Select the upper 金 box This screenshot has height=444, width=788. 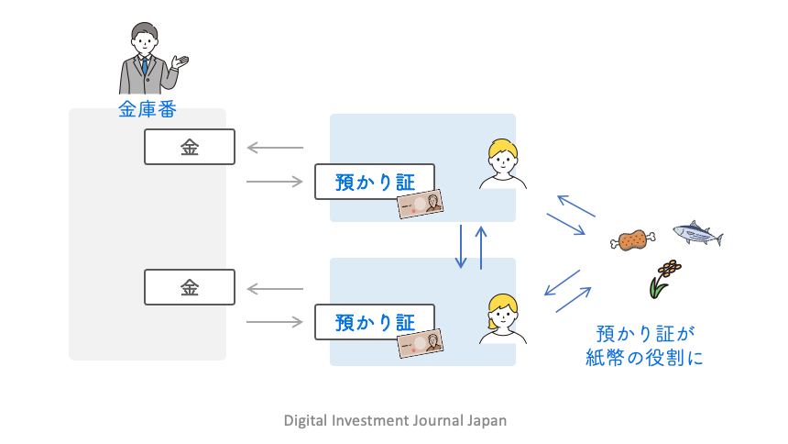190,147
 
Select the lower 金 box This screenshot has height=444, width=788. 190,287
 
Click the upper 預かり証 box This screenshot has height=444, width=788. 374,182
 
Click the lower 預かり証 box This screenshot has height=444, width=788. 374,322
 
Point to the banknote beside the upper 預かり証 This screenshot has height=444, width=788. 421,205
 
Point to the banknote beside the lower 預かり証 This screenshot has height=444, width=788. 421,344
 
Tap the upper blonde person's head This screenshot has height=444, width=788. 502,155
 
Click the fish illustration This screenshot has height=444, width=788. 697,235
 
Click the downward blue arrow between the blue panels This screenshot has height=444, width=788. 463,246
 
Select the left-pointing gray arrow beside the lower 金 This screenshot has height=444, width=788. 275,288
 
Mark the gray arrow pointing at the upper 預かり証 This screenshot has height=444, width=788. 275,182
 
